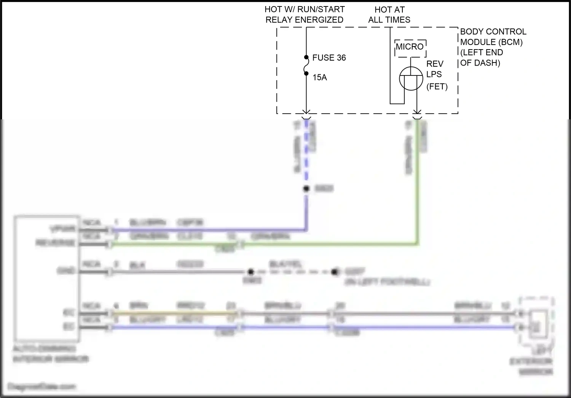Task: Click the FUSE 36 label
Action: (329, 58)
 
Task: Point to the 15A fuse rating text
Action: (319, 77)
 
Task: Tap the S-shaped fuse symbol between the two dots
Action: (306, 66)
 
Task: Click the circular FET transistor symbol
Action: (411, 79)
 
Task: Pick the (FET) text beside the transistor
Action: (437, 87)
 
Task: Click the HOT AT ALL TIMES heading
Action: (389, 14)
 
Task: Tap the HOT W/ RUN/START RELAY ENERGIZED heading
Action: (305, 14)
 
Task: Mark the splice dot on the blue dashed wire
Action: (306, 189)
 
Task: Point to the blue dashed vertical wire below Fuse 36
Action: (306, 152)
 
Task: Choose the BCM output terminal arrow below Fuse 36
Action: (306, 112)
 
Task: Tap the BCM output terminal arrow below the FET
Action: (417, 112)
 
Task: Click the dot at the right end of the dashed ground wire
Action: (335, 272)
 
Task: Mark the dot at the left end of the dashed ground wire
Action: (250, 272)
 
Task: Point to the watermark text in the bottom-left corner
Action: (42, 387)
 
